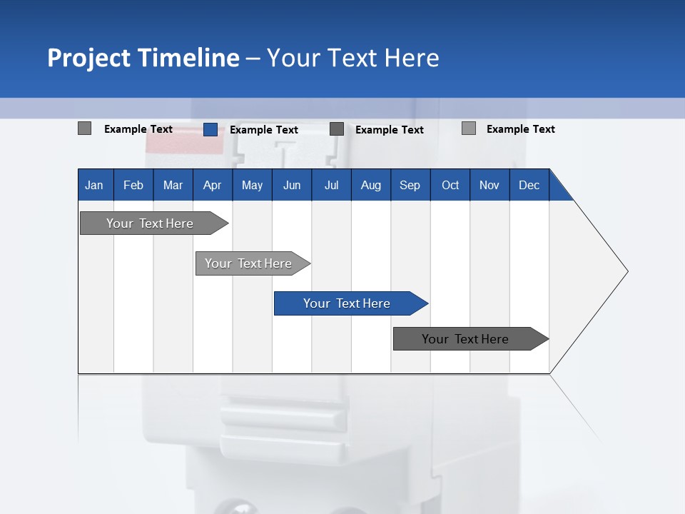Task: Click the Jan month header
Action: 94,185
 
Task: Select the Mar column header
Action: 173,185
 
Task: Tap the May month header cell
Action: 252,185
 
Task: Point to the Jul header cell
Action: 331,185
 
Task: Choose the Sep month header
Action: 410,185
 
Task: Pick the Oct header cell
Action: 450,185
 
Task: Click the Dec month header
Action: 529,185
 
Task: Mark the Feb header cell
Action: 133,185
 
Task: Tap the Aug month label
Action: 370,185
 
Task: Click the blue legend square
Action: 210,129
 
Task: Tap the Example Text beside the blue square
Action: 263,130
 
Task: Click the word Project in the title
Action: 89,58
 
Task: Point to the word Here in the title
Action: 412,58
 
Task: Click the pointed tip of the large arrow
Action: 625,271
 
